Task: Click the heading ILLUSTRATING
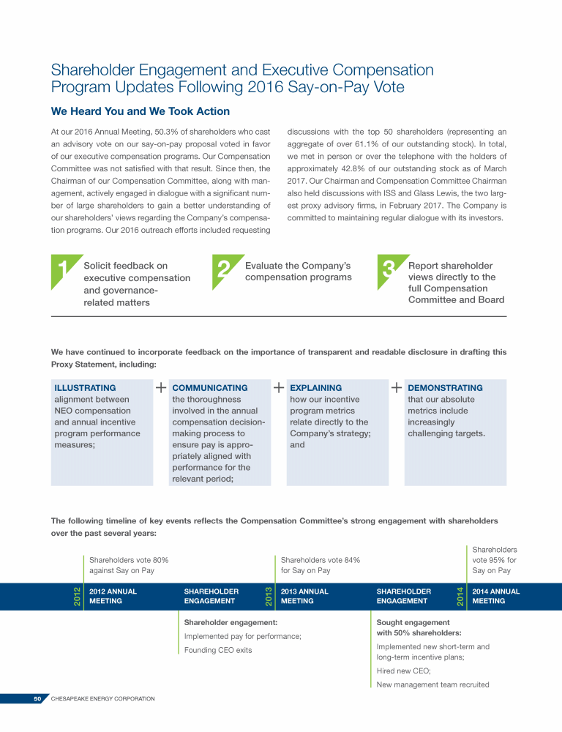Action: [x=85, y=388]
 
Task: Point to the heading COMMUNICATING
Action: [x=209, y=388]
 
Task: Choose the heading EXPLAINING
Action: [x=315, y=388]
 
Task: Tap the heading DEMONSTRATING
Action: [x=445, y=388]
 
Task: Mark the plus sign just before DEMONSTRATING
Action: [x=396, y=387]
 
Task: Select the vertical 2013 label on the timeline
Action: [x=269, y=596]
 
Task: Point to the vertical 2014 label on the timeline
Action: [x=460, y=596]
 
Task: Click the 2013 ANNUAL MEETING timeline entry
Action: [x=304, y=596]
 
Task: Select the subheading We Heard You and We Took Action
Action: [x=140, y=111]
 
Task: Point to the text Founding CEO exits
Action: [x=217, y=650]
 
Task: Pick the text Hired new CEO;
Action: [x=403, y=671]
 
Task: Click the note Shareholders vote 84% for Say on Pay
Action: [x=320, y=565]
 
